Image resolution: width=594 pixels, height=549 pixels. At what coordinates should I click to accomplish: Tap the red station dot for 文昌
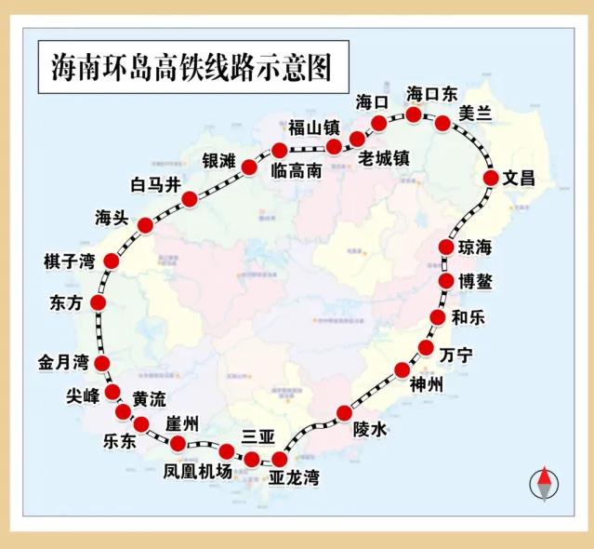click(492, 178)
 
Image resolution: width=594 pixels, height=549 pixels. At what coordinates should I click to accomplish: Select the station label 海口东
click(432, 94)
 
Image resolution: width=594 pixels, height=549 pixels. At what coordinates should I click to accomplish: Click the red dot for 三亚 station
click(252, 458)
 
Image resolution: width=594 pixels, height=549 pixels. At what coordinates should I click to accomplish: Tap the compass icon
click(545, 484)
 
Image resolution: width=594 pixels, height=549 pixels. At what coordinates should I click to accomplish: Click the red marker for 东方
click(98, 302)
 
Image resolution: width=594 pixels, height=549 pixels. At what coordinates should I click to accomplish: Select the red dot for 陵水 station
click(345, 412)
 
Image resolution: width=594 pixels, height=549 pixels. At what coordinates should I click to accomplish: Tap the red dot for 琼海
click(446, 248)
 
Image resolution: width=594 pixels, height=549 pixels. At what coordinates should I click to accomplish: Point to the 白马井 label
click(155, 184)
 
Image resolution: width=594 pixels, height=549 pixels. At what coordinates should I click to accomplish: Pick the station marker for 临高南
click(279, 150)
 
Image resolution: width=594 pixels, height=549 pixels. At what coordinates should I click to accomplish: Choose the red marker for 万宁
click(426, 348)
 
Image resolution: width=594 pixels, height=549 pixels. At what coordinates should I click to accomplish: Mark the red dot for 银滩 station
click(249, 167)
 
